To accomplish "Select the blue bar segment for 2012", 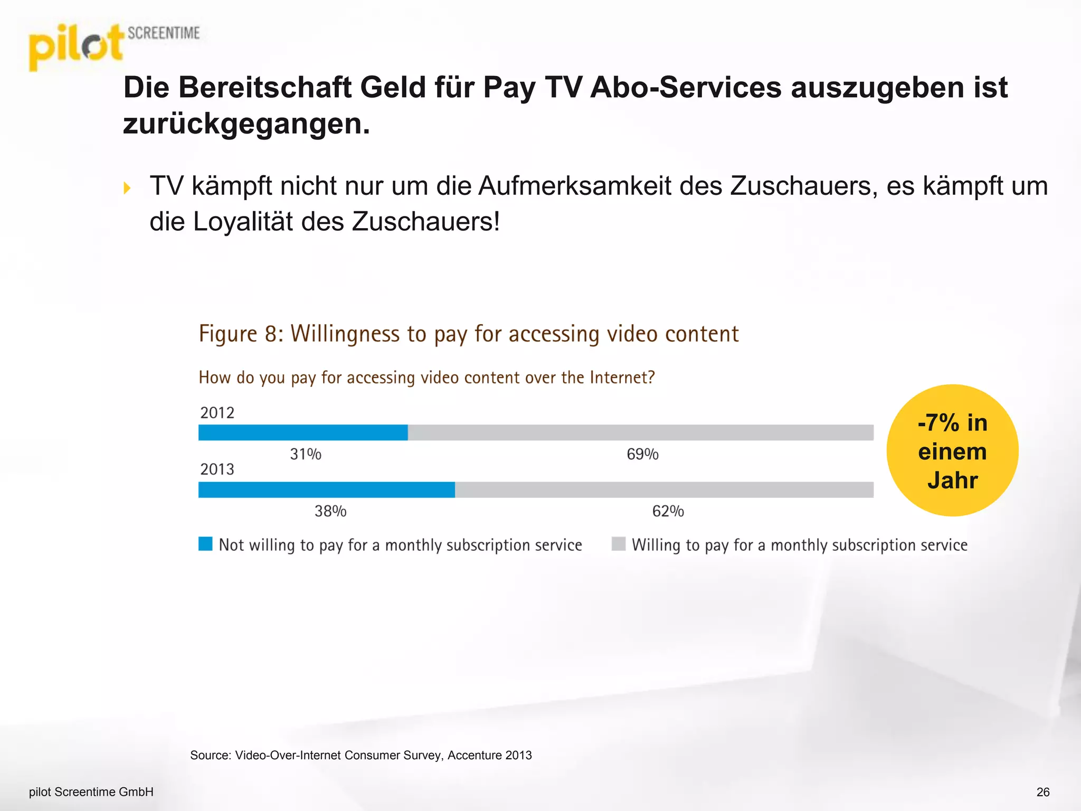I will tap(302, 432).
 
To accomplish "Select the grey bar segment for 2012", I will tap(640, 432).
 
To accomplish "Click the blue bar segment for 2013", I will tap(326, 489).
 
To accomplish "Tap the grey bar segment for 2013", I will tap(664, 489).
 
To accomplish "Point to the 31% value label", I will tap(305, 454).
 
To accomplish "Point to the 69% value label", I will tap(642, 454).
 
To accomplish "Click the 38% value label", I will tap(330, 511).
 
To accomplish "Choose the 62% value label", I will tap(668, 511).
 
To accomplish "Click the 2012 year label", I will tap(217, 412).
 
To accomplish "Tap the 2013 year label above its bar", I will tap(217, 469).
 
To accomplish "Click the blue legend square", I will tap(205, 544).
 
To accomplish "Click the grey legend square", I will tap(618, 544).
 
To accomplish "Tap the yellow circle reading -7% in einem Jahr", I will tap(952, 450).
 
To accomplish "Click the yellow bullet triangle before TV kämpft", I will tap(127, 188).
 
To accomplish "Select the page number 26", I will tap(1043, 792).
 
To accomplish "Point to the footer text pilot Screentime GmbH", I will tap(91, 792).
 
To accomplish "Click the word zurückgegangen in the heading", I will tap(246, 125).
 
